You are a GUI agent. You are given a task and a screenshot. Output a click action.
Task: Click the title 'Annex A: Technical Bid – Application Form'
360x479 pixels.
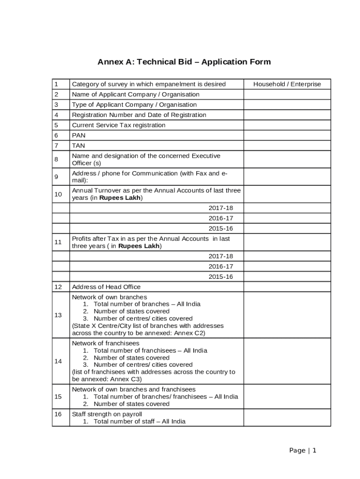pos(184,62)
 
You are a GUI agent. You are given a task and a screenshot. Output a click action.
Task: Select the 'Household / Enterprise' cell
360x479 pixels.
pos(287,84)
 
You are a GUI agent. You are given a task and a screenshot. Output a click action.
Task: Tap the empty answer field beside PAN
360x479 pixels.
pos(287,135)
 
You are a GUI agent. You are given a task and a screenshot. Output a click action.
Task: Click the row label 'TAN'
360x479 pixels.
pos(78,145)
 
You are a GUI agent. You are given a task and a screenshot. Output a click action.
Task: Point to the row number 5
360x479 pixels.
pos(56,125)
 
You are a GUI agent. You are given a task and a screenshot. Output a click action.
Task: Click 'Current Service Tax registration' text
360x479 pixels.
pos(118,125)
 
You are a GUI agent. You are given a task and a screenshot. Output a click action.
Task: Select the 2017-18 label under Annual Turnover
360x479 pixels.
pos(220,208)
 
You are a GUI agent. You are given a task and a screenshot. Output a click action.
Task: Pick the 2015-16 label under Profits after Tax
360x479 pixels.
pos(220,276)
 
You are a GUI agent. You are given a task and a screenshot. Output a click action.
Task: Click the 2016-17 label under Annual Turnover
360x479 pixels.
pos(220,218)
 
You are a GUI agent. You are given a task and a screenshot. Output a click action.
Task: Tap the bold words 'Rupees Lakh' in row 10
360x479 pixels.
pos(121,198)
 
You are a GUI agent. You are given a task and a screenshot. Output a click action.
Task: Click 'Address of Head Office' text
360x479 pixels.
pos(106,287)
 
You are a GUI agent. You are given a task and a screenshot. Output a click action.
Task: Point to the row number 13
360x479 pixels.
pos(58,315)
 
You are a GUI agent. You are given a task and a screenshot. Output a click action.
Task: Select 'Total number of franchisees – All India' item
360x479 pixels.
pos(150,350)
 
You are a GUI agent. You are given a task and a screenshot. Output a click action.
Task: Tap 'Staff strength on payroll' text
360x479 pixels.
pos(107,414)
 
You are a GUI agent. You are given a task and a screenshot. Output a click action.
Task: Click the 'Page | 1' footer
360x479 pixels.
pos(302,450)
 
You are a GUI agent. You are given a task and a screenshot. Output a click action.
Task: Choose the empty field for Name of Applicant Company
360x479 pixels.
pos(287,94)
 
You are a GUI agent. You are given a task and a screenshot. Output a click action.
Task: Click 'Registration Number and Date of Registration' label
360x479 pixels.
pos(139,115)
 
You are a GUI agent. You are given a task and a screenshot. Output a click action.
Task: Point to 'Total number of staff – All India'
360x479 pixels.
pos(139,421)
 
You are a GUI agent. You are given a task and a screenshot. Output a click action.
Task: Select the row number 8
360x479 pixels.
pos(56,160)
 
